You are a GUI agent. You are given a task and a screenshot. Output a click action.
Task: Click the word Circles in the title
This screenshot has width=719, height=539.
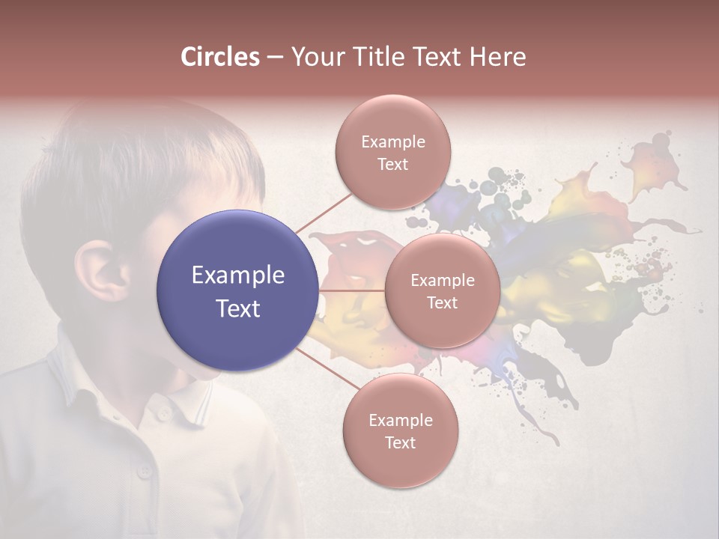pos(219,57)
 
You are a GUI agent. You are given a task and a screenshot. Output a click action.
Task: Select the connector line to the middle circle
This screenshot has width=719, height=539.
pos(352,290)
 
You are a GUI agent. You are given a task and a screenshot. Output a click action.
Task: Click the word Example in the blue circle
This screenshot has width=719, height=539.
pos(238,275)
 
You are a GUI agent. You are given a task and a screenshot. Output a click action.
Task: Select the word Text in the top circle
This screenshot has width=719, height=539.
pos(392,165)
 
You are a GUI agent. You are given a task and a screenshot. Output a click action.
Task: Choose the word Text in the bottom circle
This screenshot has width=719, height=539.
pos(400,443)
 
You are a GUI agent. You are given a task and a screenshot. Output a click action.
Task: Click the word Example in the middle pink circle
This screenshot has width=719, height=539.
pos(442,281)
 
